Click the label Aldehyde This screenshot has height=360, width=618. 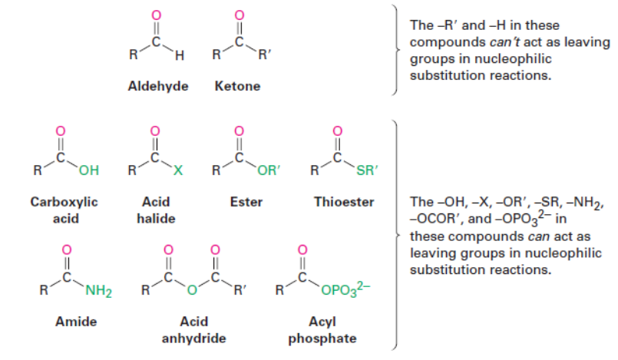click(157, 86)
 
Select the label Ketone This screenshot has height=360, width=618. click(238, 86)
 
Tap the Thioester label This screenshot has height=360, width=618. click(343, 203)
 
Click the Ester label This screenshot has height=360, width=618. click(246, 203)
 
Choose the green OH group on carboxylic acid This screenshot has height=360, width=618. click(88, 170)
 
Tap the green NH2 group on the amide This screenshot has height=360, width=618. click(99, 291)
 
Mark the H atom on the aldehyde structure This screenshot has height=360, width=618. click(180, 55)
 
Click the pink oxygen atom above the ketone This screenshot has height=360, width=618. click(239, 15)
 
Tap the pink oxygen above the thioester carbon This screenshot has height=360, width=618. click(335, 130)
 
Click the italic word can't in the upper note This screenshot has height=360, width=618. click(487, 41)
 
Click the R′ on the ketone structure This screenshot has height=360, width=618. click(264, 55)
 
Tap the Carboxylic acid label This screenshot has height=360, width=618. click(64, 210)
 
